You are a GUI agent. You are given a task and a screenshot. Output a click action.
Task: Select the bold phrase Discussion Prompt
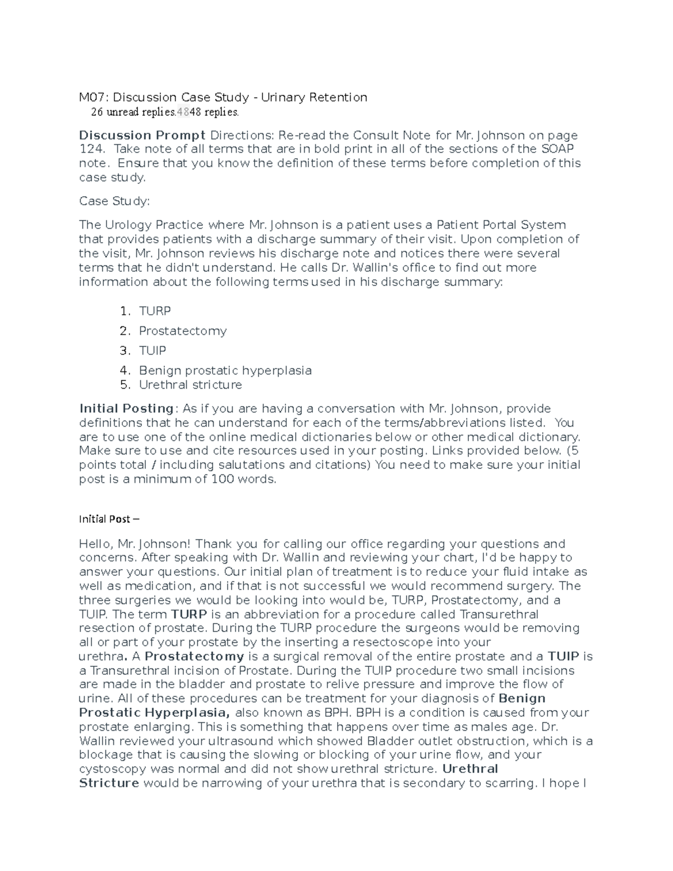click(142, 135)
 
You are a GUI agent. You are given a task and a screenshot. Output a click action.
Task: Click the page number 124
click(90, 149)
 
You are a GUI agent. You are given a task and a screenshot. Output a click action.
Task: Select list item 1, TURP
click(155, 311)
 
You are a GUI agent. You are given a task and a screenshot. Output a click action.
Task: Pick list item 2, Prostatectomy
click(183, 331)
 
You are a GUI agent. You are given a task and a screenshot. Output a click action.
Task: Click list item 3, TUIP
click(153, 351)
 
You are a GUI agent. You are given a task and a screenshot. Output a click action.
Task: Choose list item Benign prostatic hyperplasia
click(225, 371)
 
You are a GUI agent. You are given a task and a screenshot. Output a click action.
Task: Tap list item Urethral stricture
click(190, 385)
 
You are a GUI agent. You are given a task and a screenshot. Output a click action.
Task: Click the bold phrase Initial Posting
click(126, 409)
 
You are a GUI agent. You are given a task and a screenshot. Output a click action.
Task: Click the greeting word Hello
click(95, 544)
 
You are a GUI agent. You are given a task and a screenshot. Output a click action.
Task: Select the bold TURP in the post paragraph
click(189, 615)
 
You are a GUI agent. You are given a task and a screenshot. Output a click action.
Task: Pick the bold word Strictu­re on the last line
click(109, 783)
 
